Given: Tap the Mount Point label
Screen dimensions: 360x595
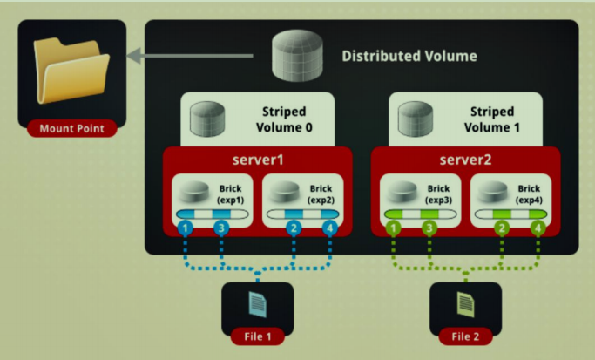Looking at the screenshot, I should click(x=71, y=129).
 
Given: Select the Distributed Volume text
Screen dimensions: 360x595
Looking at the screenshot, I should click(x=409, y=57).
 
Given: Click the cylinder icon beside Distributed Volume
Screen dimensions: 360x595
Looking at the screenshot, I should click(x=297, y=55).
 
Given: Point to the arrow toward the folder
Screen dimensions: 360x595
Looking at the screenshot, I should click(x=192, y=57).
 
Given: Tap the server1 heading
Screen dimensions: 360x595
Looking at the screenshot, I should click(x=258, y=162).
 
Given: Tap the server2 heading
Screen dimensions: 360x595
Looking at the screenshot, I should click(x=465, y=162).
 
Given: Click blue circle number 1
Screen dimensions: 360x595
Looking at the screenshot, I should click(x=185, y=228).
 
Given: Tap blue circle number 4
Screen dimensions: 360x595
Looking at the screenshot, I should click(x=329, y=228).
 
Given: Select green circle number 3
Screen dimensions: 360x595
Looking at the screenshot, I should click(x=429, y=228).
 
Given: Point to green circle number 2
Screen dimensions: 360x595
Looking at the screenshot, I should click(x=502, y=228).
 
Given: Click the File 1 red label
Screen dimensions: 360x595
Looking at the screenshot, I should click(x=257, y=334).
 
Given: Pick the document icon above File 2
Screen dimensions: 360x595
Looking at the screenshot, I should click(x=465, y=302).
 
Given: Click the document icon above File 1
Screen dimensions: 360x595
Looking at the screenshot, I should click(x=257, y=302).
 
